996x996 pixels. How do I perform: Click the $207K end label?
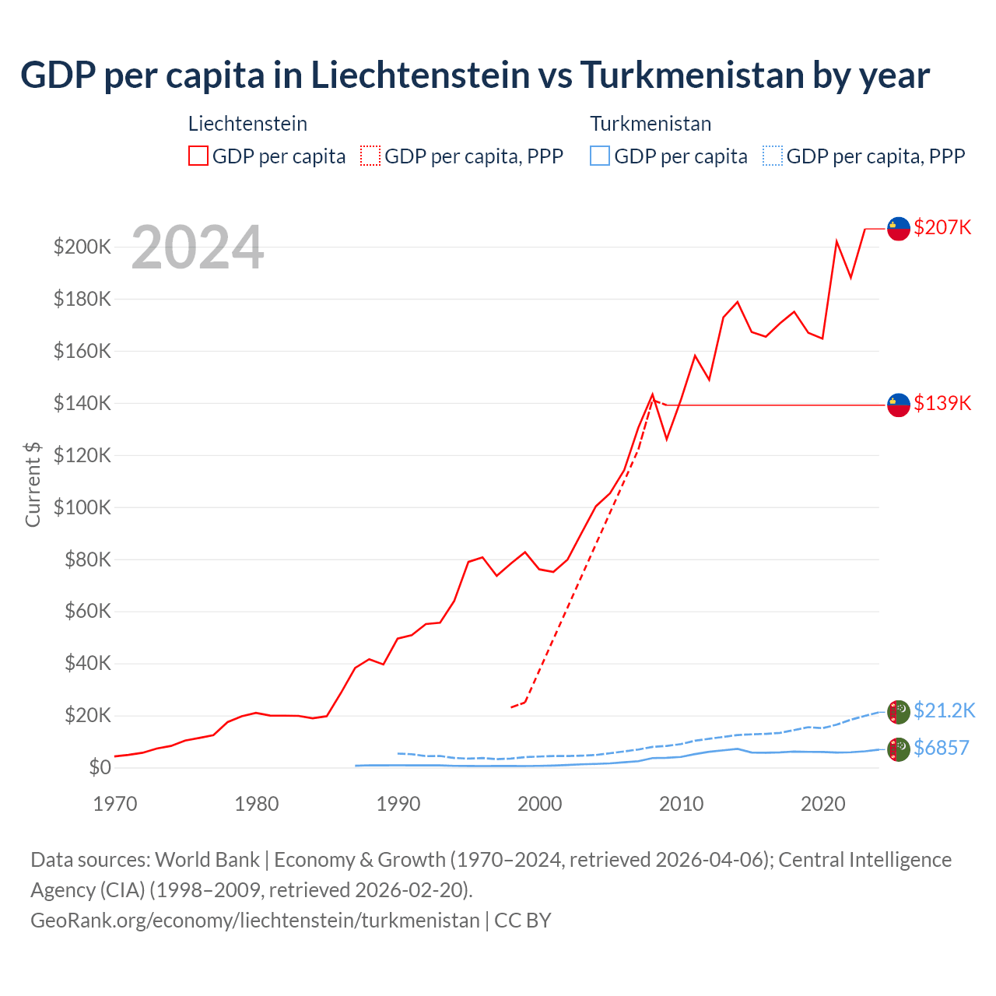942,227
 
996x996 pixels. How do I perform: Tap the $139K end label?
942,403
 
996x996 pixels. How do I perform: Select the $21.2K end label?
944,710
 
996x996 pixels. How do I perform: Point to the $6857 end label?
942,748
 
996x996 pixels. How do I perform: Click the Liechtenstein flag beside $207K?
899,229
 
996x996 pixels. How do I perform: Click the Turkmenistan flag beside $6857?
899,749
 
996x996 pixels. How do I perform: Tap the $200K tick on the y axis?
82,247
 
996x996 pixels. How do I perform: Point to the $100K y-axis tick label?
82,507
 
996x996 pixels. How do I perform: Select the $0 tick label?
100,767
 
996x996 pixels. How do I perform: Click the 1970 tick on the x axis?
115,804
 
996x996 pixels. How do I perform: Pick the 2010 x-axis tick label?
681,804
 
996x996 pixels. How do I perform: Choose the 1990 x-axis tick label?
398,804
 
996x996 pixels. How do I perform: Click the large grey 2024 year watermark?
198,247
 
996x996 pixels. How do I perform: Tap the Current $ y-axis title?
33,484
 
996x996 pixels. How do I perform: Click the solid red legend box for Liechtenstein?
198,156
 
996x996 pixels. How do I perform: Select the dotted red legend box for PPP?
370,156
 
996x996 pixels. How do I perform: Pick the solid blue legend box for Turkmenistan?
600,156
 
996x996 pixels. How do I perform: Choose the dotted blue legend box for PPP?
773,156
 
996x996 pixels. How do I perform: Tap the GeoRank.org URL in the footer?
255,920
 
